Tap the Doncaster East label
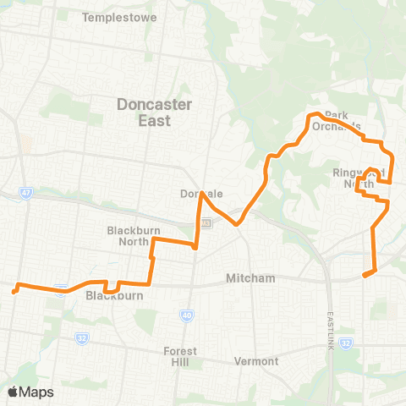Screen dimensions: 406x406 tap(155, 112)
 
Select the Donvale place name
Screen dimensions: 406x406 tap(200, 194)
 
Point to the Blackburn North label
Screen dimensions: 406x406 tap(129, 234)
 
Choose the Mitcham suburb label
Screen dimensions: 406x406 tap(250, 278)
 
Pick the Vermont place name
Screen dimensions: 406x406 tap(259, 361)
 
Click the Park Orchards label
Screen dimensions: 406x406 tap(343, 120)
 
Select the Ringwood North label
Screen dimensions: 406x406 tap(359, 178)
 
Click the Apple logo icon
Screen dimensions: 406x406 tap(14, 392)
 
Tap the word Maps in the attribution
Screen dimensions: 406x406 tap(37, 392)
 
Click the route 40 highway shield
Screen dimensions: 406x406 tap(185, 315)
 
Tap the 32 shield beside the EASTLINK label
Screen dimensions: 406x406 tap(346, 343)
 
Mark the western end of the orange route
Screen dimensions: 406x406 tap(14, 292)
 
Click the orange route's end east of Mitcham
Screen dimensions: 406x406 tap(365, 275)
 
